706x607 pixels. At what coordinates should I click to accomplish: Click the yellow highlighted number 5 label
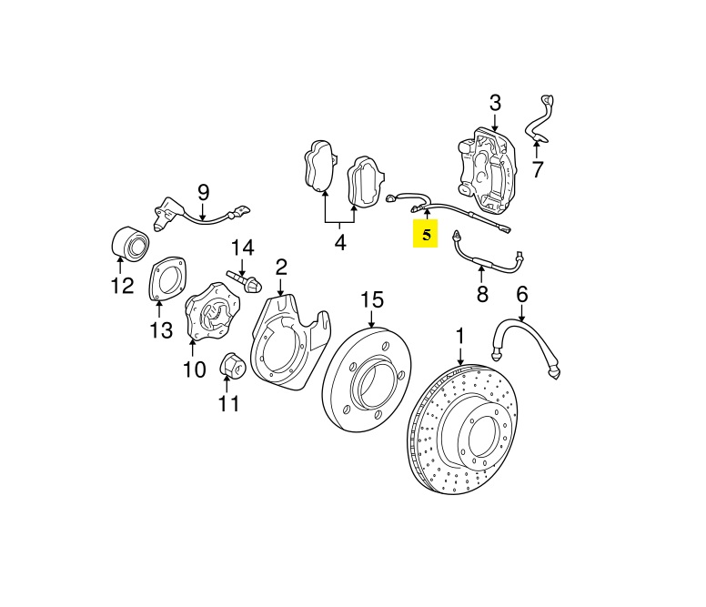click(x=425, y=235)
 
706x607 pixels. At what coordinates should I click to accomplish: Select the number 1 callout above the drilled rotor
click(x=459, y=337)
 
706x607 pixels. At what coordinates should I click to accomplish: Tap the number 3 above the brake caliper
click(x=495, y=103)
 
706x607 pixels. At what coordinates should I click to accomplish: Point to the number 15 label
click(x=372, y=299)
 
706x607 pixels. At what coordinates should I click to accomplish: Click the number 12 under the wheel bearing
click(x=122, y=288)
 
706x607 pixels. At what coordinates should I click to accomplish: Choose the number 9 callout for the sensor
click(x=203, y=192)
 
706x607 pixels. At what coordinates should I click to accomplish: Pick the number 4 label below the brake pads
click(x=340, y=243)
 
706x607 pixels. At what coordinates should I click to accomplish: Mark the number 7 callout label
click(x=537, y=169)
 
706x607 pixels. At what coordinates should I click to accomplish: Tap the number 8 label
click(x=482, y=294)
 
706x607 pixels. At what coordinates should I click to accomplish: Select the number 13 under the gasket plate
click(x=160, y=329)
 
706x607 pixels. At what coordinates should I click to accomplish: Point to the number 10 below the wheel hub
click(x=194, y=369)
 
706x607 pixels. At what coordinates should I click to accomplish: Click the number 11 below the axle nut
click(x=229, y=402)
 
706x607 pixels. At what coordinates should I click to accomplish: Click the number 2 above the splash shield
click(x=281, y=267)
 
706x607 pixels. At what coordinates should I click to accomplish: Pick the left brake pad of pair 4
click(x=318, y=169)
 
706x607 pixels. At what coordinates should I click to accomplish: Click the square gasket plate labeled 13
click(x=163, y=279)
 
